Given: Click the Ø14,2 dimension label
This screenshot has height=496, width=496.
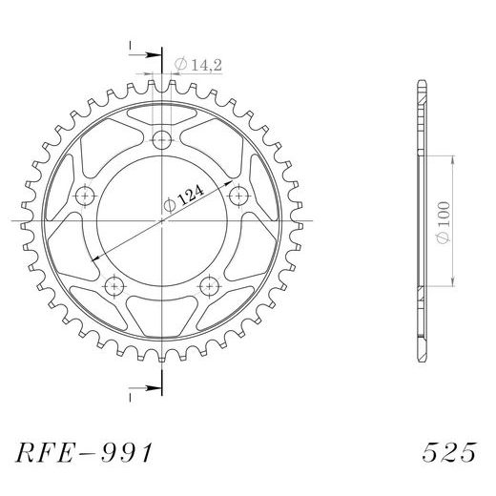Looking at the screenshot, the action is click(197, 65).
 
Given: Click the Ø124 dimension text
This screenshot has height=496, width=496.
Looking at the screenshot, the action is click(183, 199).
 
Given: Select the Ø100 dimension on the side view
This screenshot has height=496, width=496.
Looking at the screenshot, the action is click(444, 222).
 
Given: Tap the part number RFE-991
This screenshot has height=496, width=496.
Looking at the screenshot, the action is click(84, 452).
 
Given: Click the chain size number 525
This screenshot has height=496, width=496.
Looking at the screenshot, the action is click(449, 452).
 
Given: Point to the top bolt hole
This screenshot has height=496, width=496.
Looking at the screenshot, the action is click(162, 139).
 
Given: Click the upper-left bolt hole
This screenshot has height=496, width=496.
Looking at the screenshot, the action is click(85, 196).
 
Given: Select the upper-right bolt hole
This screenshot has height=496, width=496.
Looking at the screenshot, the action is click(238, 196).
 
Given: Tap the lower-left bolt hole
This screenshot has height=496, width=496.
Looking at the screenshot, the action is click(114, 286).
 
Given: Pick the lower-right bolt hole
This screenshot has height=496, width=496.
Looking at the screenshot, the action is click(210, 286).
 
